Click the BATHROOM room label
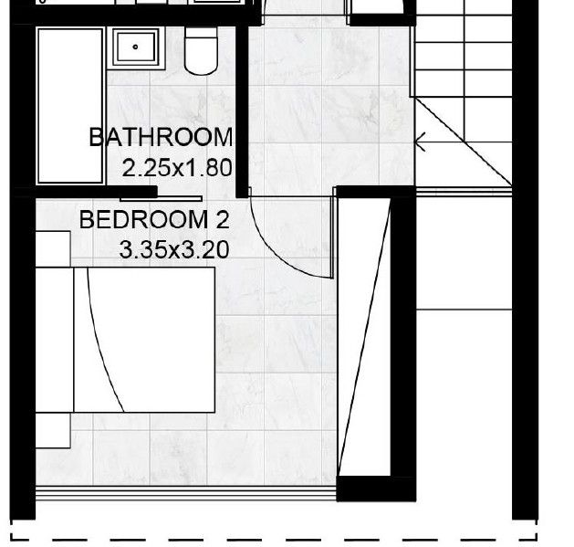click(161, 137)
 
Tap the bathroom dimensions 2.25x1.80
click(177, 168)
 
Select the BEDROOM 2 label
click(154, 220)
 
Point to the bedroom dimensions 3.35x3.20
click(174, 250)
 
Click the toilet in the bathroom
click(201, 51)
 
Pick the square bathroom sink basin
click(135, 47)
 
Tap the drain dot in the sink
click(135, 47)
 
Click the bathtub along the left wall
click(70, 106)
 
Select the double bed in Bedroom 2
click(125, 340)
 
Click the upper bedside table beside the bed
click(53, 248)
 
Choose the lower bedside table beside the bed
click(53, 430)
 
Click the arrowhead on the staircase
click(420, 142)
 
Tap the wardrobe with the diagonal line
click(363, 337)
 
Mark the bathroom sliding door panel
click(162, 199)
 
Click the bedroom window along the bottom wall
click(186, 493)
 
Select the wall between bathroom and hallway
click(242, 111)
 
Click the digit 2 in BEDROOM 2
click(222, 220)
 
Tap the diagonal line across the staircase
click(463, 142)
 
